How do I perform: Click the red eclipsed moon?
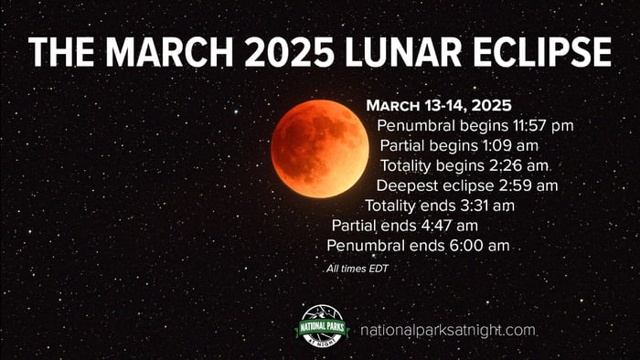(x=319, y=149)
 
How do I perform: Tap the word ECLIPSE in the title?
(x=554, y=52)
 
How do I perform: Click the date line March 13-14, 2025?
(x=438, y=105)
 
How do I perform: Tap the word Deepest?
(x=404, y=185)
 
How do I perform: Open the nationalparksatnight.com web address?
(x=448, y=331)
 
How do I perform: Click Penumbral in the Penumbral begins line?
(x=414, y=125)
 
